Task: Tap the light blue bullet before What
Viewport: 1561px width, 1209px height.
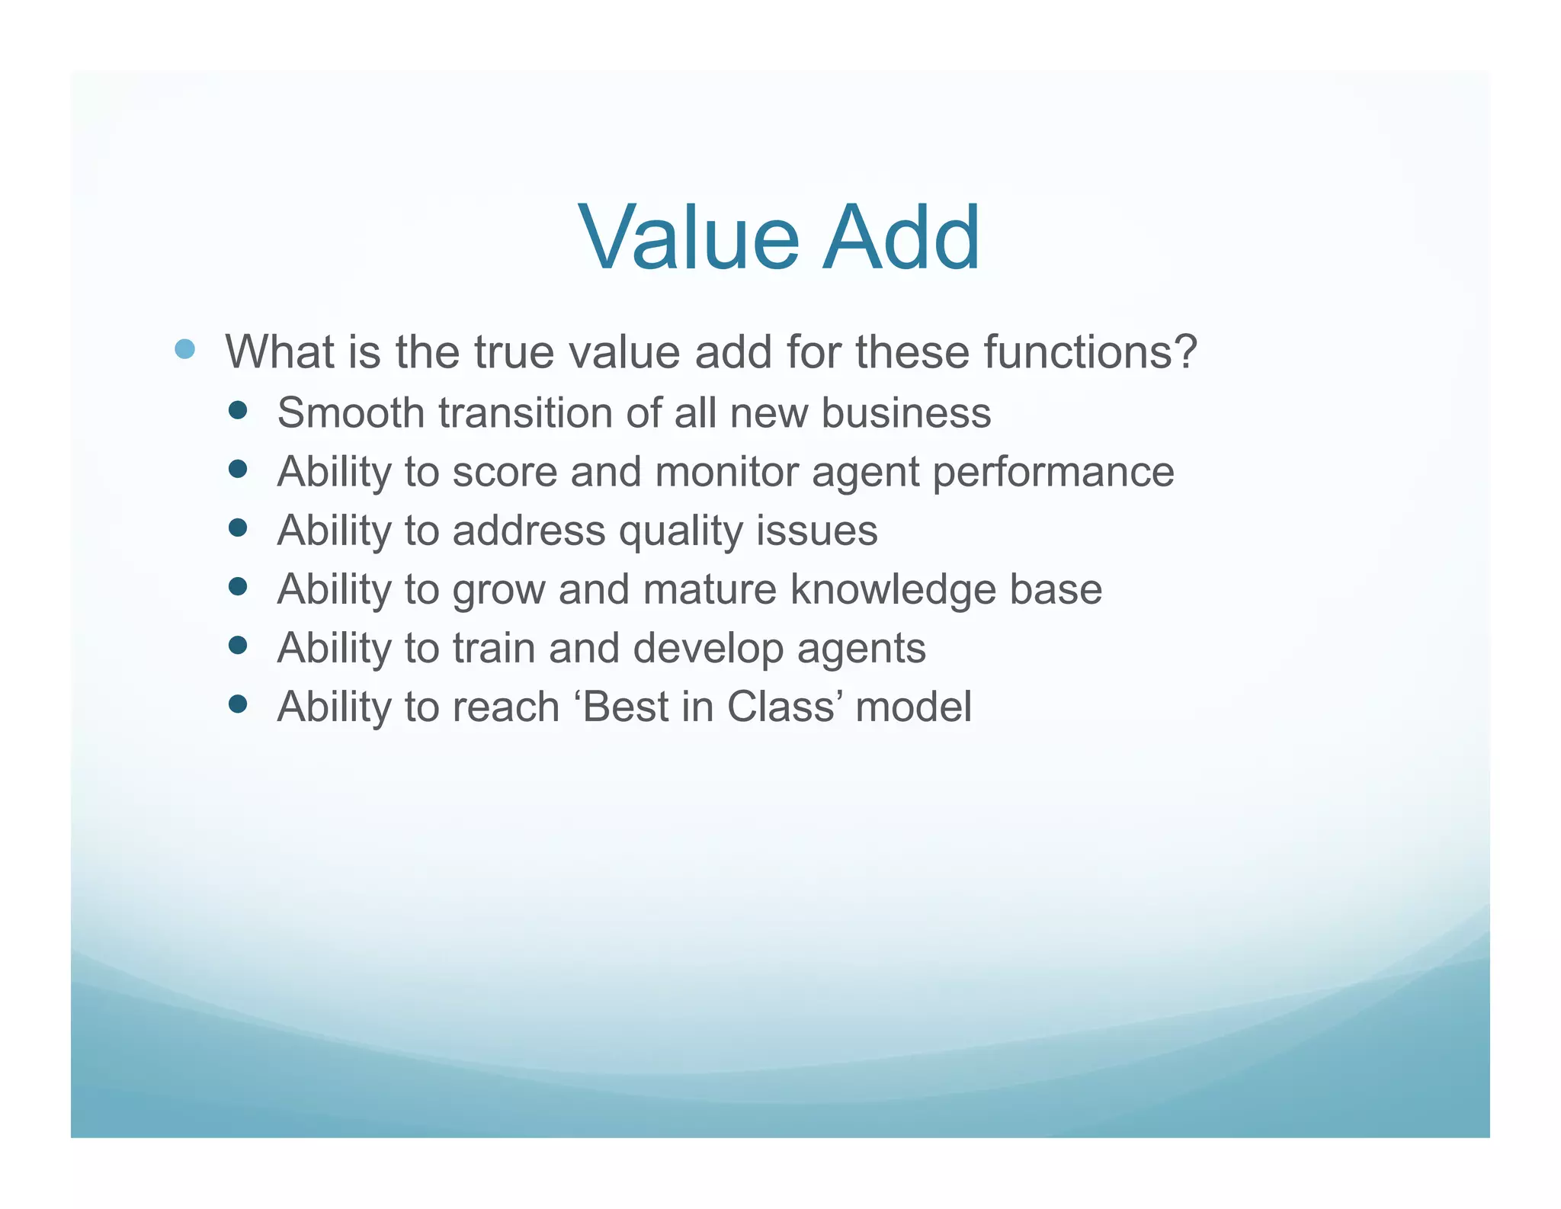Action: click(184, 350)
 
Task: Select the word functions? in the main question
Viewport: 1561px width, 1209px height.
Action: click(1090, 352)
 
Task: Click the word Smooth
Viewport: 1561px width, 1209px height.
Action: click(351, 413)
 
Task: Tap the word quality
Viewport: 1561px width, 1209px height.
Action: click(680, 531)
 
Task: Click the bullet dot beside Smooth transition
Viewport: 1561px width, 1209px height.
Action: click(238, 411)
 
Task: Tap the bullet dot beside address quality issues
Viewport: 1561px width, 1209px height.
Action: click(238, 528)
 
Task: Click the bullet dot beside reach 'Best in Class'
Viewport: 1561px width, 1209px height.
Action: click(238, 704)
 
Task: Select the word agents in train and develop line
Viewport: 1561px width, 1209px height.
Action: click(861, 649)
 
